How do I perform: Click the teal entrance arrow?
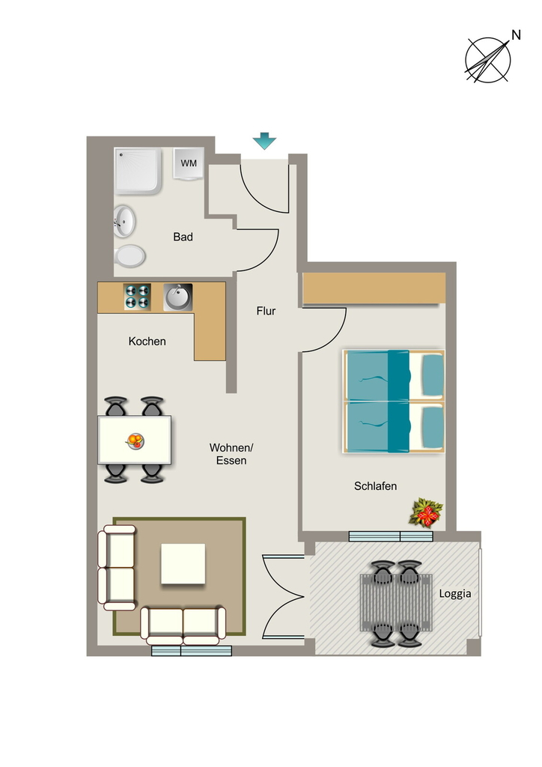click(x=264, y=141)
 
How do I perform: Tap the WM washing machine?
click(x=188, y=163)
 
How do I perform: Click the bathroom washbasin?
click(x=124, y=221)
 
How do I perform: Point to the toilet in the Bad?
click(x=130, y=256)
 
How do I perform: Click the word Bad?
click(x=183, y=237)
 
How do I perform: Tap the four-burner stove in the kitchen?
click(x=137, y=297)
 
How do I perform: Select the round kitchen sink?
click(x=178, y=297)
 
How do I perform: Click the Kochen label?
click(x=147, y=341)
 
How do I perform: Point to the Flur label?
click(x=266, y=311)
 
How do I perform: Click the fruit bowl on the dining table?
click(x=135, y=440)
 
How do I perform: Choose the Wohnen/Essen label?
click(x=231, y=454)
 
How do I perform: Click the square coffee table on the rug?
click(x=183, y=563)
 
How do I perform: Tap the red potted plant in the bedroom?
click(x=426, y=513)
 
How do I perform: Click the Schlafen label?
click(x=375, y=485)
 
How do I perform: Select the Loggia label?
click(x=455, y=593)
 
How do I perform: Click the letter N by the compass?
click(x=516, y=34)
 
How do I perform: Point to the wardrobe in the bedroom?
click(x=374, y=288)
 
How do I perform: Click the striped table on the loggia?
click(x=396, y=603)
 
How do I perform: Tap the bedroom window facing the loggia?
click(x=391, y=536)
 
